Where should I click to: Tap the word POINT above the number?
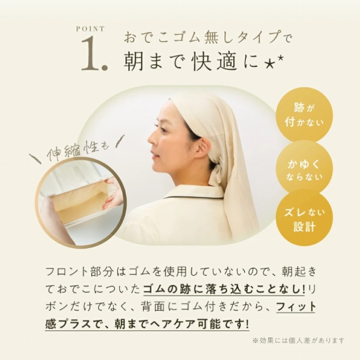90,29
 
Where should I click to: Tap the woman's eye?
164,129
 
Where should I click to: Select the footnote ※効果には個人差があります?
299,340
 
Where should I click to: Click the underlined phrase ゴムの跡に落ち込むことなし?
224,289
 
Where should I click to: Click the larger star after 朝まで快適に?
269,64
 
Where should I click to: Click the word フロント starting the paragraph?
67,272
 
